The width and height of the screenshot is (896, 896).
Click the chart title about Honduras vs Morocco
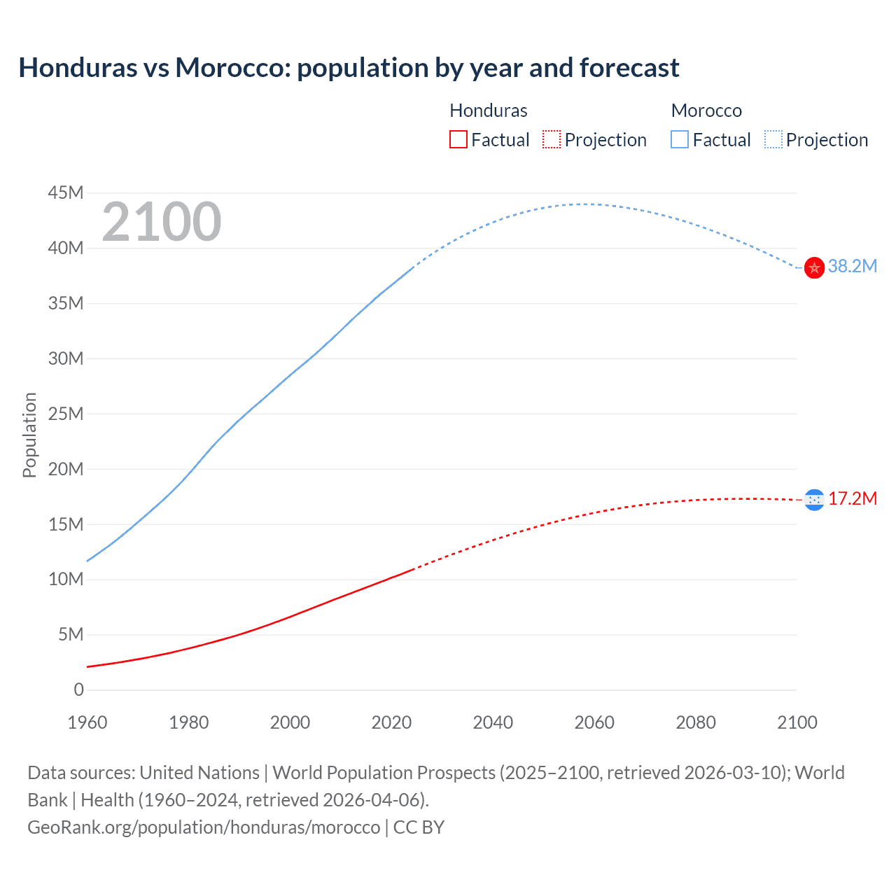pos(349,68)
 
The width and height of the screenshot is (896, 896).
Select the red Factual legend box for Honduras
pos(458,139)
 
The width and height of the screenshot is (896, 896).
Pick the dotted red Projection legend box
pos(552,139)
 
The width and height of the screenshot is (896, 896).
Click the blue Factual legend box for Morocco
pos(680,139)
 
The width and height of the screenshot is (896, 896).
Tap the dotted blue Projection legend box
pos(773,139)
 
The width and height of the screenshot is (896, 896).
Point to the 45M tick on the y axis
pos(66,192)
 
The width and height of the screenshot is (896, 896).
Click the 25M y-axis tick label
pos(66,414)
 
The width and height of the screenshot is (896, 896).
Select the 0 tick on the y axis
pos(78,689)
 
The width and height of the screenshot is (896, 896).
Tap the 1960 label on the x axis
pos(87,722)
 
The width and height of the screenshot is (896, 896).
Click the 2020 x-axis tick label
pos(391,722)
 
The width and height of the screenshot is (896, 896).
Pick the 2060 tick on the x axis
pos(594,722)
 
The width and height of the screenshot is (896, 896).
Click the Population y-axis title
pos(29,435)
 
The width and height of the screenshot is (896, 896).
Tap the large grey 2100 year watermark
pos(162,222)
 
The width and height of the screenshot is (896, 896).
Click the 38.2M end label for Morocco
pos(852,266)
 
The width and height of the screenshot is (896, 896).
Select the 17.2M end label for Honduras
pos(852,498)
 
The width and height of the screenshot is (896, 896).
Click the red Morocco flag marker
pos(814,267)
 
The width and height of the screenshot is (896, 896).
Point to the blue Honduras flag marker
pos(814,499)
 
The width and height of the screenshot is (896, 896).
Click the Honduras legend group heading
pos(488,111)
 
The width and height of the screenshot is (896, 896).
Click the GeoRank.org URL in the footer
pos(204,827)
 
